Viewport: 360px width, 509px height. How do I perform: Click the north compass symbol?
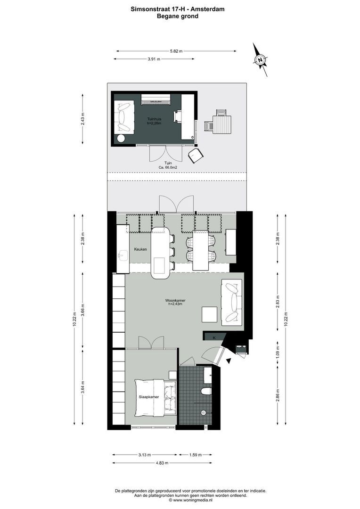(260, 60)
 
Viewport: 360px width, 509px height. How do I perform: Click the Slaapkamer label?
(148, 397)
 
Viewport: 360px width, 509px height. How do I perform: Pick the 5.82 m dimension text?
(176, 51)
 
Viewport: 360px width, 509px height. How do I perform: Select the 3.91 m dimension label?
(154, 59)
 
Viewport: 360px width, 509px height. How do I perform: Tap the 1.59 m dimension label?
(195, 455)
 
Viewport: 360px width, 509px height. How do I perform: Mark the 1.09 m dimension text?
(278, 353)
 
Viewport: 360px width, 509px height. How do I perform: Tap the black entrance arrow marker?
(229, 361)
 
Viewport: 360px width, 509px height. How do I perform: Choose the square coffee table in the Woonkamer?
(209, 314)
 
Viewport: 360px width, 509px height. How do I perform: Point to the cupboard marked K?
(214, 337)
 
